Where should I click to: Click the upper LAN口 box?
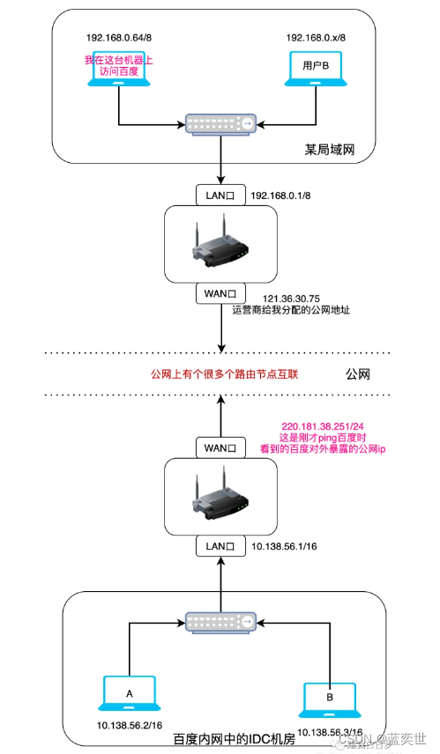pyautogui.click(x=219, y=193)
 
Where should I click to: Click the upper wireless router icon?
pyautogui.click(x=219, y=242)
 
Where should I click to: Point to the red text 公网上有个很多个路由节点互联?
pyautogui.click(x=225, y=374)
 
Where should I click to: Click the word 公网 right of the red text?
pyautogui.click(x=360, y=374)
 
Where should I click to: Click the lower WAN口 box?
pyautogui.click(x=219, y=448)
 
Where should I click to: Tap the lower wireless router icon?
pyautogui.click(x=219, y=498)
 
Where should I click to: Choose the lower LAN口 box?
pyautogui.click(x=219, y=547)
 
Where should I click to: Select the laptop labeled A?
pyautogui.click(x=130, y=694)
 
